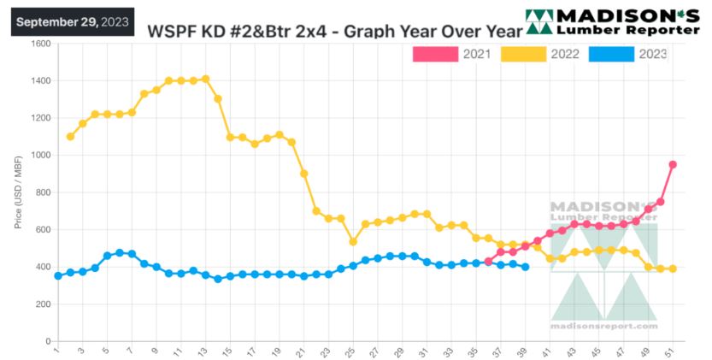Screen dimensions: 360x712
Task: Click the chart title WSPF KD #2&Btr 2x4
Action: point(333,32)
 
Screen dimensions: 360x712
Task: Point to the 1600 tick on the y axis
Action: point(39,44)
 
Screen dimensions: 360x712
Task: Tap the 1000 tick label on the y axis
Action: point(39,156)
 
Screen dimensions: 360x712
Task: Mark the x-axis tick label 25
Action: point(351,351)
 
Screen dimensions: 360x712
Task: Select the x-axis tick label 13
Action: point(204,351)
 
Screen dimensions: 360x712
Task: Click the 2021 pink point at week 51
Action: point(673,164)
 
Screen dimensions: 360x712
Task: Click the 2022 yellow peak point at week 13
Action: point(205,80)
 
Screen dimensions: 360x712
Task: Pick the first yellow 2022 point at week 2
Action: point(70,136)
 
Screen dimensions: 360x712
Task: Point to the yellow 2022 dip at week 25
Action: point(352,241)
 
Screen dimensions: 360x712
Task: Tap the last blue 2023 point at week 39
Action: point(525,267)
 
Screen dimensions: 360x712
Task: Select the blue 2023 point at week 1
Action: point(58,275)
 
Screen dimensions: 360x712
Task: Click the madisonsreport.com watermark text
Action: point(604,327)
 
